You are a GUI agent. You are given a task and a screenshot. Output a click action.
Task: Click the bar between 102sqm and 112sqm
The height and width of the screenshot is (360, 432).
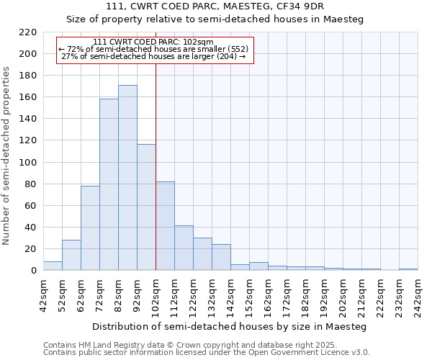(165, 226)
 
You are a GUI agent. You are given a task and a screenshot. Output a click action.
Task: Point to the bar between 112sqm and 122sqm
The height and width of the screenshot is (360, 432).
(184, 248)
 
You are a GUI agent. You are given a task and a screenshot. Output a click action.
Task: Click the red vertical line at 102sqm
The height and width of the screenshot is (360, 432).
(156, 166)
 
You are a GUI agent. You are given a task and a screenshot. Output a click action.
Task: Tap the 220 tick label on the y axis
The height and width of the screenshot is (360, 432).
(28, 32)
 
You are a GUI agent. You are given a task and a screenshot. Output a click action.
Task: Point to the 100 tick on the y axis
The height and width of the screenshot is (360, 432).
(28, 163)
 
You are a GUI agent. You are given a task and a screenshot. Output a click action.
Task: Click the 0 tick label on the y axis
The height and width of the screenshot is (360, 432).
(34, 271)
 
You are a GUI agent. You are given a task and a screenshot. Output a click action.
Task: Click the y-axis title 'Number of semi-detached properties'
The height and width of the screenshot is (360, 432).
(7, 156)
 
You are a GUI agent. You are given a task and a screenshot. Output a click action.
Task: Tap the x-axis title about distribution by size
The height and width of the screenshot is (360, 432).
(230, 327)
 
